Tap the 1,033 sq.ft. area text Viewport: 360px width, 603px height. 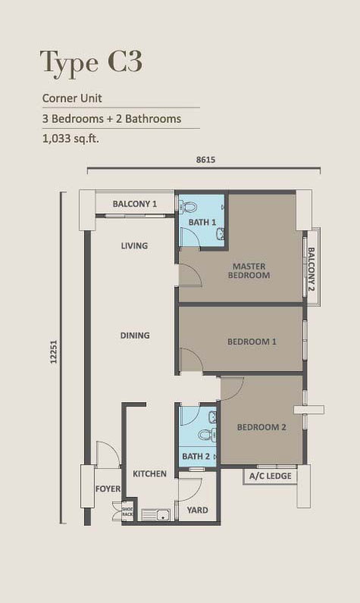[x=70, y=139]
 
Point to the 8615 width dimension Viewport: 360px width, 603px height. [x=206, y=160]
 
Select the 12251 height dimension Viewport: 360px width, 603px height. [x=54, y=351]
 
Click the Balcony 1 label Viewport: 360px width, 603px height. [x=135, y=204]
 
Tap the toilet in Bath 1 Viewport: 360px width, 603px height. [x=189, y=207]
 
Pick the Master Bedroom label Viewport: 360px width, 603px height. [x=249, y=270]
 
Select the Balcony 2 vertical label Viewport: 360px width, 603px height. [x=311, y=269]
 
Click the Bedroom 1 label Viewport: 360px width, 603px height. [x=252, y=342]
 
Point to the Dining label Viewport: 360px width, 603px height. [x=135, y=336]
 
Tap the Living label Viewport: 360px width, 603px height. [x=134, y=245]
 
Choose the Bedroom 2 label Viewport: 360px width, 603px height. [x=261, y=427]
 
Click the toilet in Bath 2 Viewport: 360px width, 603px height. [x=208, y=435]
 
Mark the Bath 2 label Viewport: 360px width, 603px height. [x=196, y=457]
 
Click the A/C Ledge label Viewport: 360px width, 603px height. [x=271, y=476]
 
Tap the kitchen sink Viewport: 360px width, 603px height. [x=156, y=514]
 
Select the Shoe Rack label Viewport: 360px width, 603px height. [x=127, y=511]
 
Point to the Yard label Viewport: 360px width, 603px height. [x=197, y=510]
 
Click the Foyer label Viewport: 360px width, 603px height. [x=108, y=489]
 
